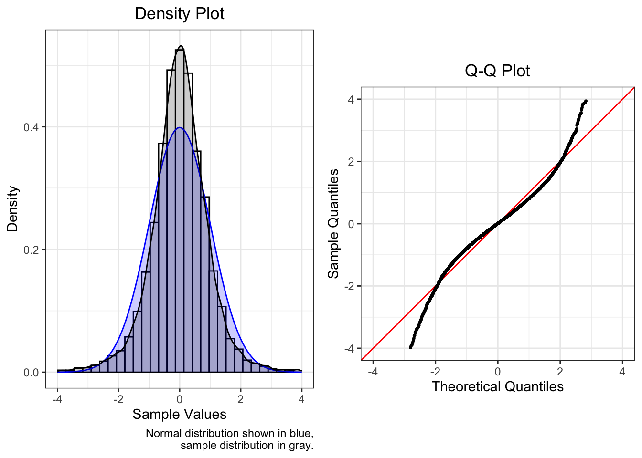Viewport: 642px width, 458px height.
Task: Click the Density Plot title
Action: (179, 13)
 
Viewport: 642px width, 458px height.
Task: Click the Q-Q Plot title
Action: (497, 71)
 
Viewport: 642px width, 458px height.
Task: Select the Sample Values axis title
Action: (179, 414)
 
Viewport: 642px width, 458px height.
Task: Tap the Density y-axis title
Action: (12, 209)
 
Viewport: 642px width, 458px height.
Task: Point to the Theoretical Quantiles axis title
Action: (497, 386)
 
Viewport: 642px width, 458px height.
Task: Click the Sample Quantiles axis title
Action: (333, 223)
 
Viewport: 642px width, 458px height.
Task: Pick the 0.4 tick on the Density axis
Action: (31, 127)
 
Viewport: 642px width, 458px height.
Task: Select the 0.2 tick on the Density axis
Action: (31, 250)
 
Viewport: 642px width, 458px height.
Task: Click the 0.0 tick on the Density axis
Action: (31, 373)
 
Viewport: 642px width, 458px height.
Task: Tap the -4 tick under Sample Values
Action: (57, 399)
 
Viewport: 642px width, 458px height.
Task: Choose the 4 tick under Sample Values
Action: (301, 399)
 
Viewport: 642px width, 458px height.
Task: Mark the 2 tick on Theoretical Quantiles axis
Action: (560, 372)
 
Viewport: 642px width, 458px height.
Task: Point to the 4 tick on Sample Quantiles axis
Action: (351, 99)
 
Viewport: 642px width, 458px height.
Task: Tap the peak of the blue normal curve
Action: (180, 127)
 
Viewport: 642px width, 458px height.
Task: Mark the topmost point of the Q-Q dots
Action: (585, 101)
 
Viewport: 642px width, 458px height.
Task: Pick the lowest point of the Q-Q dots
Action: (410, 347)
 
